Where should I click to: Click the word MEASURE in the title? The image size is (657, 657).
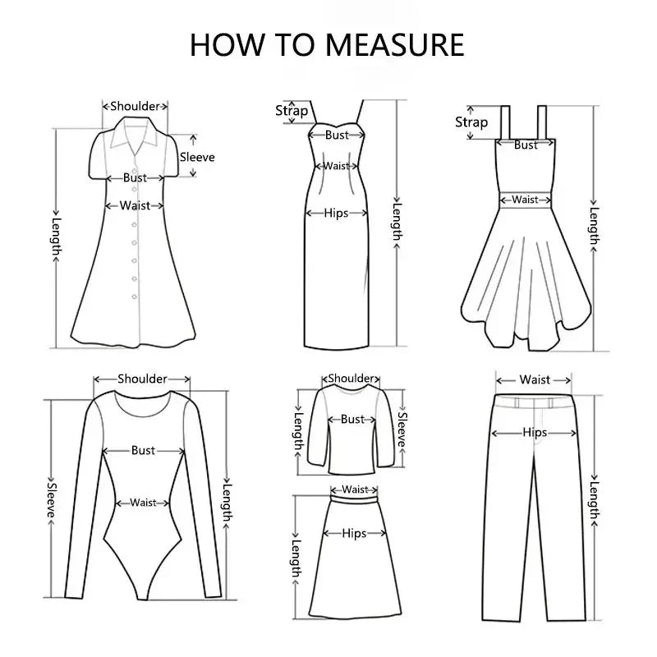[x=396, y=44]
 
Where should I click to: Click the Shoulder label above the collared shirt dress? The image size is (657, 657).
[x=135, y=106]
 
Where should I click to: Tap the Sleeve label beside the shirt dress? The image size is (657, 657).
[x=197, y=157]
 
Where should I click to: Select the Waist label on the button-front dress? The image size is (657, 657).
[x=135, y=206]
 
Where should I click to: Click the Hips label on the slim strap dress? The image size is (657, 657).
[x=336, y=213]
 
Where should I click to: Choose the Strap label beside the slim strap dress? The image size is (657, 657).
[x=292, y=111]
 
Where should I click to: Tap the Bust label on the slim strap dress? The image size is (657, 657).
[x=337, y=136]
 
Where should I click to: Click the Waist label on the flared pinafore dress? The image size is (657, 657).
[x=525, y=200]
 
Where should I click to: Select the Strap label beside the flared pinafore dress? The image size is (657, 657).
[x=471, y=122]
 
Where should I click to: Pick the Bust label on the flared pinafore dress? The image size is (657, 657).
[x=526, y=145]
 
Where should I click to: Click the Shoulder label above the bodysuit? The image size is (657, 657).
[x=142, y=379]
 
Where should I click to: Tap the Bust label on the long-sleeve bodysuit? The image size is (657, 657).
[x=143, y=450]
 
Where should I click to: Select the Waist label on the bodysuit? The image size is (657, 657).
[x=143, y=503]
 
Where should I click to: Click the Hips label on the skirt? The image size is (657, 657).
[x=354, y=533]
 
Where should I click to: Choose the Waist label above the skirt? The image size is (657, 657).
[x=355, y=489]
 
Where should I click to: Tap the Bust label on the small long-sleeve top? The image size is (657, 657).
[x=352, y=419]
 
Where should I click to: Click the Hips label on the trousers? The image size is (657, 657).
[x=535, y=433]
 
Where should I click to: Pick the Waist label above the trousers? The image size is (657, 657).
[x=535, y=379]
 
